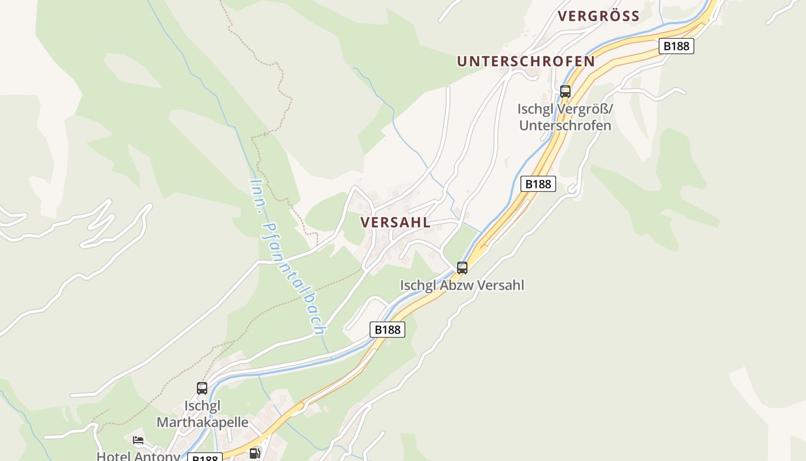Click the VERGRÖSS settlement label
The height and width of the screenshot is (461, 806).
point(599,16)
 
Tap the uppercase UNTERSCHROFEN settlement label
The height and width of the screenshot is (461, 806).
point(526,61)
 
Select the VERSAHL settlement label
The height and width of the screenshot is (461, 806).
point(396,222)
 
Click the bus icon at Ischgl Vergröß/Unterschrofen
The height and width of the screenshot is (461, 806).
point(565,91)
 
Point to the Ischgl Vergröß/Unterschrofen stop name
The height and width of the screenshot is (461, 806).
point(565,117)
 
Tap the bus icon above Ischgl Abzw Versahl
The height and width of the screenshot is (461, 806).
point(462,267)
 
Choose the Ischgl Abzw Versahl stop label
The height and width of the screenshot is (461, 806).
point(462,285)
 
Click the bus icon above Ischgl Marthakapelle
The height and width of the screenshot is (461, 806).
point(202,388)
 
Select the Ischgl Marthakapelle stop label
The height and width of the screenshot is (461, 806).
point(203,414)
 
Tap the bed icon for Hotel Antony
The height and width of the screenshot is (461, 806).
point(138,441)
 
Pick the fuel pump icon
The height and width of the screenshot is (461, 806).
point(254,454)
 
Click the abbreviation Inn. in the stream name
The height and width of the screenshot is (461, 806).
point(257,195)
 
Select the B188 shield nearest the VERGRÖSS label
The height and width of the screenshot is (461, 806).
point(676,46)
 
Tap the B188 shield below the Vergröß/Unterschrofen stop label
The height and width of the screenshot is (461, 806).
point(538,184)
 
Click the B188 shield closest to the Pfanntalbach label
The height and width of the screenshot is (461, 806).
point(387,330)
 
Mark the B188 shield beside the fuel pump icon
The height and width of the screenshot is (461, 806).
point(205,458)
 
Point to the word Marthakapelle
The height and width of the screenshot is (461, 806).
point(203,422)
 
